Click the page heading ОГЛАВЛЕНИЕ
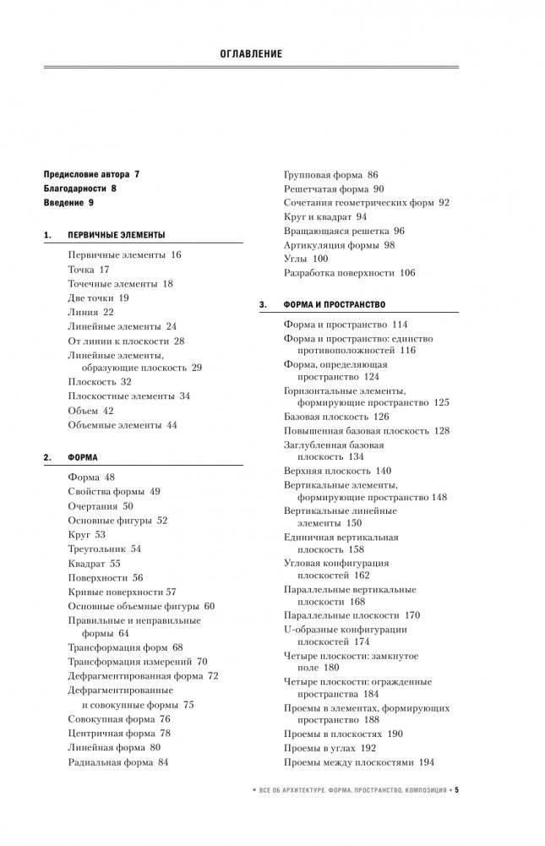click(x=250, y=53)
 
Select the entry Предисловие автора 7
click(x=90, y=173)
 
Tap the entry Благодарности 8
click(x=79, y=188)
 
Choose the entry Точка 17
click(x=89, y=270)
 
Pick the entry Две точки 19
click(x=98, y=297)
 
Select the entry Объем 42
click(x=90, y=410)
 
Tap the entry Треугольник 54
click(x=105, y=549)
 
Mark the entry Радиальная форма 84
click(x=118, y=761)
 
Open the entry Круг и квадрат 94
click(x=325, y=216)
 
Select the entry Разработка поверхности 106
click(x=350, y=272)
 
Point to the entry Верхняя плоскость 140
click(x=338, y=471)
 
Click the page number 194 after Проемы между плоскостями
click(x=426, y=761)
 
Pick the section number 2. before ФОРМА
click(x=46, y=457)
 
